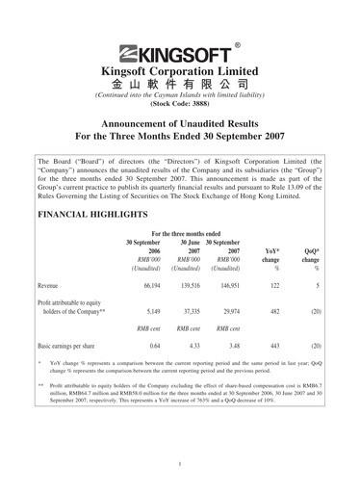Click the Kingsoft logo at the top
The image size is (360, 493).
[179, 54]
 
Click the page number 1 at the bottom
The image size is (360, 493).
[180, 464]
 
